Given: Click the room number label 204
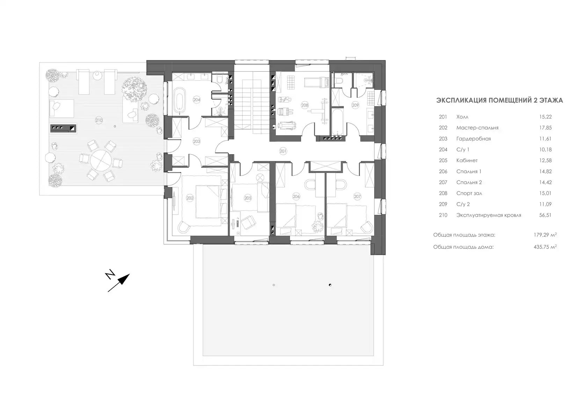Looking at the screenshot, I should [197, 100].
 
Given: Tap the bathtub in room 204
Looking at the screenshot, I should [179, 100].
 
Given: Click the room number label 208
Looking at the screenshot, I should [305, 105].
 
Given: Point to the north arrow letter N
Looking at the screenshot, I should [110, 275].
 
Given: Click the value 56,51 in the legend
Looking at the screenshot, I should [545, 215].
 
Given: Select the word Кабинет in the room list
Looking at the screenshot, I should [467, 160].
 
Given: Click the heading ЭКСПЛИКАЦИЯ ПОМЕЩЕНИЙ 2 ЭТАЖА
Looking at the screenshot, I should [500, 100].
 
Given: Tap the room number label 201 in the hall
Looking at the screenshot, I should [283, 151].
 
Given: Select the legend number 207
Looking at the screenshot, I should [443, 182].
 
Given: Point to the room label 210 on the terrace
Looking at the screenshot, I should [99, 120].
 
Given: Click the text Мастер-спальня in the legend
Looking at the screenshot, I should [477, 128].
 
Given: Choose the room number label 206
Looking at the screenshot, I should [296, 196].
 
